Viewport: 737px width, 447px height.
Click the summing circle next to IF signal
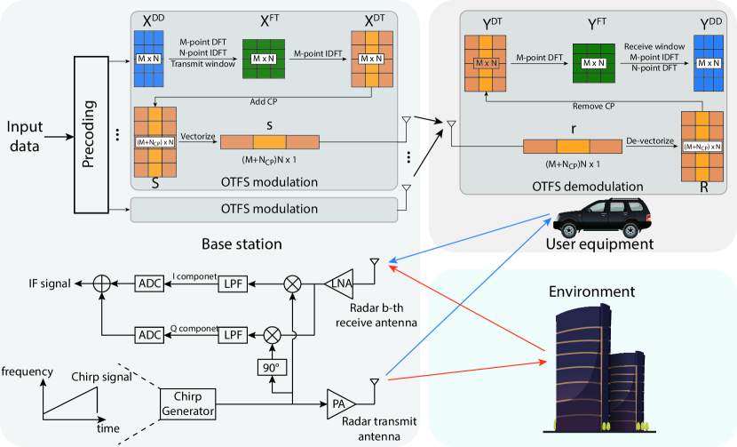(x=103, y=283)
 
